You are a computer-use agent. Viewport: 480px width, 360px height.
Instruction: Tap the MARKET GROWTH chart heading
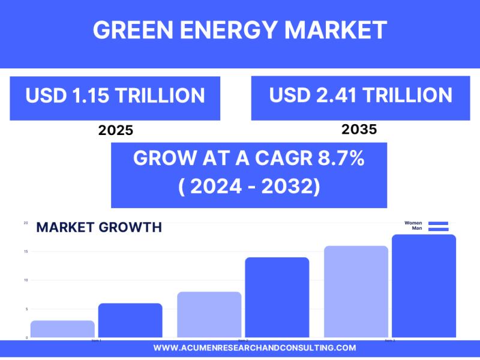coord(99,227)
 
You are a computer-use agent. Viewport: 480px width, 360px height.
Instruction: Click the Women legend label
coord(413,223)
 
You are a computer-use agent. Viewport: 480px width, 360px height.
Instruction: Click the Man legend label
coord(416,229)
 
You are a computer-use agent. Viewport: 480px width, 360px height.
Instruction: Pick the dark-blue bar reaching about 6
coord(130,320)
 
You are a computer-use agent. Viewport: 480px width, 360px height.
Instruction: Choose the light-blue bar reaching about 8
coord(209,314)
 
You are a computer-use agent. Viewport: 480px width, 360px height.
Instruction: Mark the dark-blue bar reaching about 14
coord(277,297)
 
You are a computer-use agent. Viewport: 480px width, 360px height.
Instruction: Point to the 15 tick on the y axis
coord(26,251)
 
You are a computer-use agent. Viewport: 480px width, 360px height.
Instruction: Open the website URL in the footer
coord(254,348)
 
